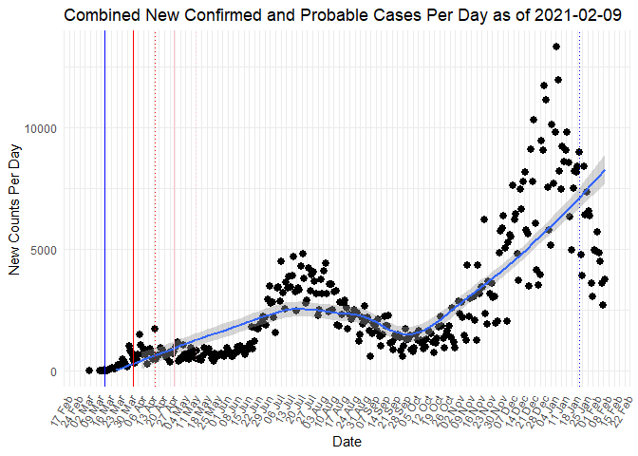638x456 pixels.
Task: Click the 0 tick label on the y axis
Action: pyautogui.click(x=53, y=371)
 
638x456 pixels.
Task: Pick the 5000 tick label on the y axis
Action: pyautogui.click(x=44, y=250)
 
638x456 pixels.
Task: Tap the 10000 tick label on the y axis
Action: pyautogui.click(x=41, y=128)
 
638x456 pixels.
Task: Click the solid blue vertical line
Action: pyautogui.click(x=105, y=190)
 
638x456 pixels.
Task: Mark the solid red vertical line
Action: pyautogui.click(x=134, y=190)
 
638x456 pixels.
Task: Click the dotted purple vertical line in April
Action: pyautogui.click(x=155, y=190)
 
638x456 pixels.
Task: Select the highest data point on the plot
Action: pyautogui.click(x=556, y=47)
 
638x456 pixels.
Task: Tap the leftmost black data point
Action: pyautogui.click(x=88, y=370)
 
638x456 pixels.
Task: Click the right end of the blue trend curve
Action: pyautogui.click(x=604, y=170)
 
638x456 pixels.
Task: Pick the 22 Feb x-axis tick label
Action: pyautogui.click(x=623, y=407)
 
